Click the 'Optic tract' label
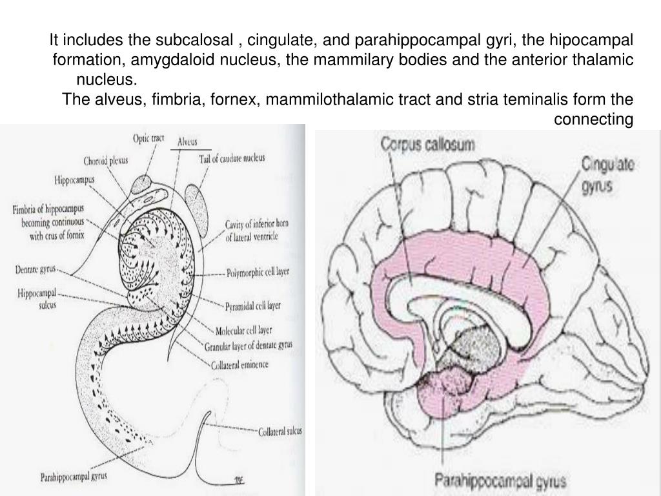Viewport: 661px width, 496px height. (148, 138)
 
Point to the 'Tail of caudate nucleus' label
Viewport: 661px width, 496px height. (232, 158)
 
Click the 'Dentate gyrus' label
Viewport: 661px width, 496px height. (36, 268)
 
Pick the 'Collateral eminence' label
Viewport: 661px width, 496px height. (239, 365)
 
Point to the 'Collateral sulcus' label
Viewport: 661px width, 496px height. (280, 431)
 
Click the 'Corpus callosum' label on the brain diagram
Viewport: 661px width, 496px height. (427, 143)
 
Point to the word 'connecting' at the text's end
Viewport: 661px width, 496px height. (593, 119)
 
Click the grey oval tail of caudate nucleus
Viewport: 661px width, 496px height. (198, 205)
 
